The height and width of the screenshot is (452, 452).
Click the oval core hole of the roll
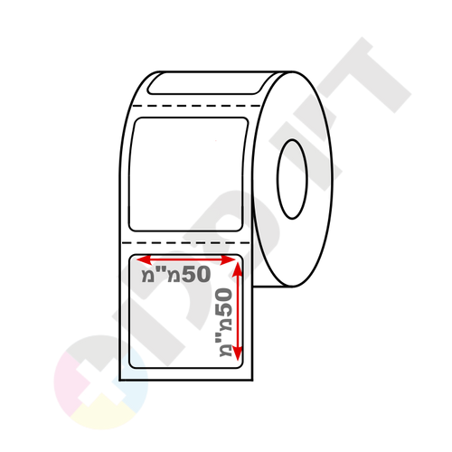[x=292, y=179]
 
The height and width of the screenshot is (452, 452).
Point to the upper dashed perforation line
[x=197, y=106]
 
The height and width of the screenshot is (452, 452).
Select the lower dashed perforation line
[x=186, y=242]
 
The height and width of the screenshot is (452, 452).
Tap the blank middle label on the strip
[x=188, y=174]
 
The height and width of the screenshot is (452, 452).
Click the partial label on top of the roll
[x=206, y=83]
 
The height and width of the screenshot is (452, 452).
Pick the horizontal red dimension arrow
[x=186, y=259]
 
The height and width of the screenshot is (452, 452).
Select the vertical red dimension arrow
[x=238, y=311]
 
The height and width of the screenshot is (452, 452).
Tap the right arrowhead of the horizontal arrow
[x=228, y=259]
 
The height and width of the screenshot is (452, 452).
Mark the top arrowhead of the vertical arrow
[x=238, y=268]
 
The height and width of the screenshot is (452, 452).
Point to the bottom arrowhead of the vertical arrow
[x=238, y=353]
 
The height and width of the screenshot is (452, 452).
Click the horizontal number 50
[x=195, y=275]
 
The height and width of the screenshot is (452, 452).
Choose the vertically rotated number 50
[x=225, y=303]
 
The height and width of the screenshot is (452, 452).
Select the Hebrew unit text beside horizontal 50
[x=161, y=275]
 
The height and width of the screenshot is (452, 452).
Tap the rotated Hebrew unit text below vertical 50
[x=225, y=337]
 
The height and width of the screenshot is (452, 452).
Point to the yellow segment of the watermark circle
[x=101, y=414]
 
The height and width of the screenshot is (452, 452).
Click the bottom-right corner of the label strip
[x=252, y=381]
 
